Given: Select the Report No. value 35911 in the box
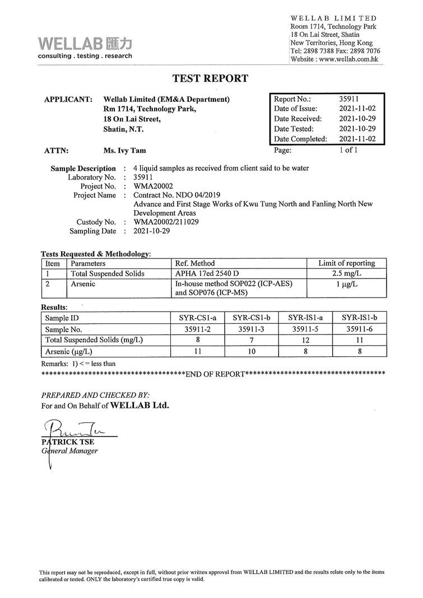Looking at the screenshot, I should click(x=349, y=98).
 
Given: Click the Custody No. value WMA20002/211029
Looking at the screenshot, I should click(x=166, y=222).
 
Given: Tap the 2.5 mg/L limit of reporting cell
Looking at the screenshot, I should click(x=346, y=274).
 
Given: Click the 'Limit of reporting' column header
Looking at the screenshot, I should click(x=346, y=263).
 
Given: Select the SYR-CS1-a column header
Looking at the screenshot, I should click(x=198, y=318).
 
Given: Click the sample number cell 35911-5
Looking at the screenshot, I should click(x=305, y=329).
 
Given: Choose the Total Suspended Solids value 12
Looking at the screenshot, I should click(x=305, y=340).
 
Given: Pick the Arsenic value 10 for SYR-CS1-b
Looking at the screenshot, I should click(x=252, y=352).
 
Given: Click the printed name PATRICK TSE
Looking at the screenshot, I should click(x=63, y=442).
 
